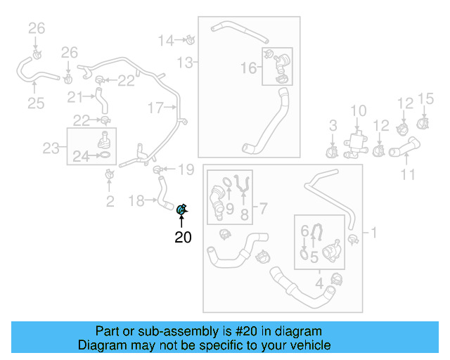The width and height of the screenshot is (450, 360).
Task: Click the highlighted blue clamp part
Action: [x=181, y=209]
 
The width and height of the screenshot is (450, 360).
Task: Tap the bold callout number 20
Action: [x=183, y=238]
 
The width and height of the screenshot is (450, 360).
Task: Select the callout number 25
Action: [x=36, y=104]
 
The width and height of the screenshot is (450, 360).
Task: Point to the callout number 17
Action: [x=155, y=108]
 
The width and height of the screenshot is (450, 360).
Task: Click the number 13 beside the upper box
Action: [x=184, y=63]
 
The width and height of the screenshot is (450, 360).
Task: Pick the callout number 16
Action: [x=249, y=68]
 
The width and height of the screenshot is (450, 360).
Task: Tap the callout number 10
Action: [x=359, y=110]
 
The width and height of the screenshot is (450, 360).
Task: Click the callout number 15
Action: [x=426, y=98]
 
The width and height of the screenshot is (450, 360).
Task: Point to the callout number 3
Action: [x=333, y=126]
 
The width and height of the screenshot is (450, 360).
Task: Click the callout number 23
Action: [x=51, y=148]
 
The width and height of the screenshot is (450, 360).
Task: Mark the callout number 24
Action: [x=81, y=157]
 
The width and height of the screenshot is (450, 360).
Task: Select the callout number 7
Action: [x=264, y=209]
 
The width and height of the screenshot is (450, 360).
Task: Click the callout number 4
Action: [x=319, y=285]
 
